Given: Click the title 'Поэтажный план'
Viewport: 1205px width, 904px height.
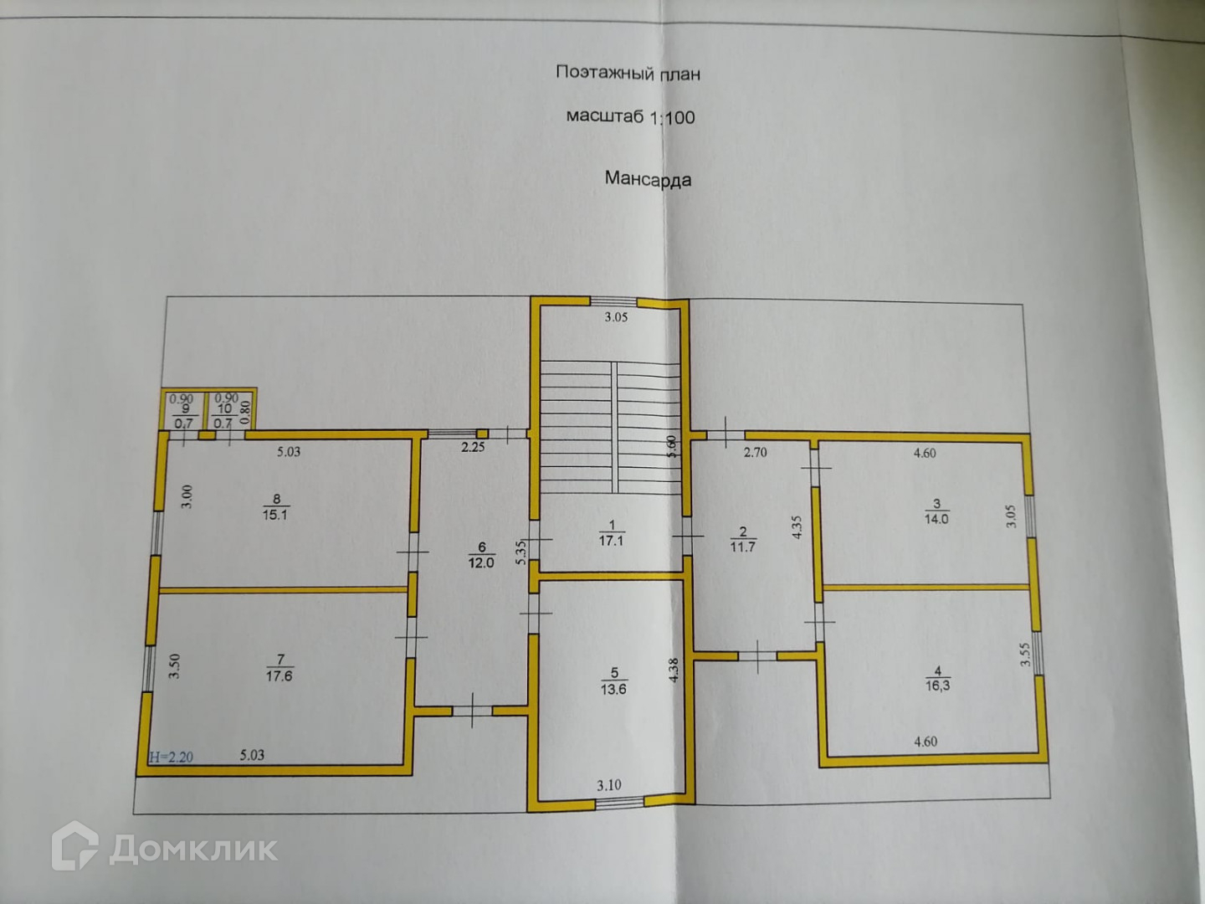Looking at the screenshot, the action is point(628,73).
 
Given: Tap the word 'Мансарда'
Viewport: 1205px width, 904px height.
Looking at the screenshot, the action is point(648,178).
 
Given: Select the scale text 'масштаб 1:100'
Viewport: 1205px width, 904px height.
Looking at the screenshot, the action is point(630,116).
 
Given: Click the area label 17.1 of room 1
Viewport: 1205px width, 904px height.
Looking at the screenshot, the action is point(611,541).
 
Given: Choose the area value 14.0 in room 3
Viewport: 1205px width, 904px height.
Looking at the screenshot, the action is point(936,519).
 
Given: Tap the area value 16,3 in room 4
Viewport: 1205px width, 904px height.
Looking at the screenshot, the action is point(938,685).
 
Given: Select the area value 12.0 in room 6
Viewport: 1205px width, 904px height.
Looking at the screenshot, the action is point(480,562).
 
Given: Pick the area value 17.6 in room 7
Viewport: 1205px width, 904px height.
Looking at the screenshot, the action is point(279,675).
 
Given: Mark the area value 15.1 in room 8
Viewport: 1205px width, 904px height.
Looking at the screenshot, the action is point(274,516).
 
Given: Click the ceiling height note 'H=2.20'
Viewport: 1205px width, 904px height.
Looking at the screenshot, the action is point(171,758).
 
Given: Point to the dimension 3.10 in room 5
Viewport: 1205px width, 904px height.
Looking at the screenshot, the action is point(609,785).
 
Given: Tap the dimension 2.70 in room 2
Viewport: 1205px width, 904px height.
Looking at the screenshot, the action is point(756,453).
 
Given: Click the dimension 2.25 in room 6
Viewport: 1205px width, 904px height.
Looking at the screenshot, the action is point(473,447).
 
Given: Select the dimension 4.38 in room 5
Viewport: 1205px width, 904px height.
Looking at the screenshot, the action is point(674,671).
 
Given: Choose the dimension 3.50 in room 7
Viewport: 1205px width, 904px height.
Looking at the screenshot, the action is point(175,665).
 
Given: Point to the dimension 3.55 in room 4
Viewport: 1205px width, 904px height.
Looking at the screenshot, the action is point(1025,654).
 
